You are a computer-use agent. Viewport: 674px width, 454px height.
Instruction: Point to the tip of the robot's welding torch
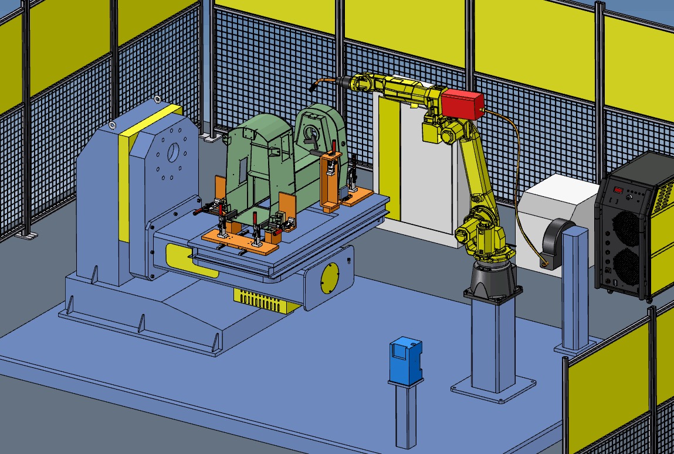tap(310, 88)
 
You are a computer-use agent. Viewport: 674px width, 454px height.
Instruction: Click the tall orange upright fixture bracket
tap(330, 182)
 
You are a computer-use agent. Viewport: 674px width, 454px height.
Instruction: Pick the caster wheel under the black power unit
tap(649, 299)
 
